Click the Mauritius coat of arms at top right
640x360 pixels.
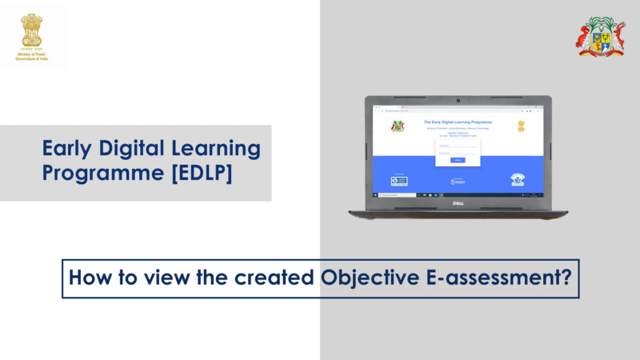coord(601,36)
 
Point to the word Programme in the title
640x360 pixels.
coord(98,174)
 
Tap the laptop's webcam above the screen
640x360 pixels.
coord(458,102)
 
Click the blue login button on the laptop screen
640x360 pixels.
coord(458,160)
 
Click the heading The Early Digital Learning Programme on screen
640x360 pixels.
coord(458,122)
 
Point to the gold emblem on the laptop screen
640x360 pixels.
coord(521,126)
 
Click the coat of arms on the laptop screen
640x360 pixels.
coord(397,126)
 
